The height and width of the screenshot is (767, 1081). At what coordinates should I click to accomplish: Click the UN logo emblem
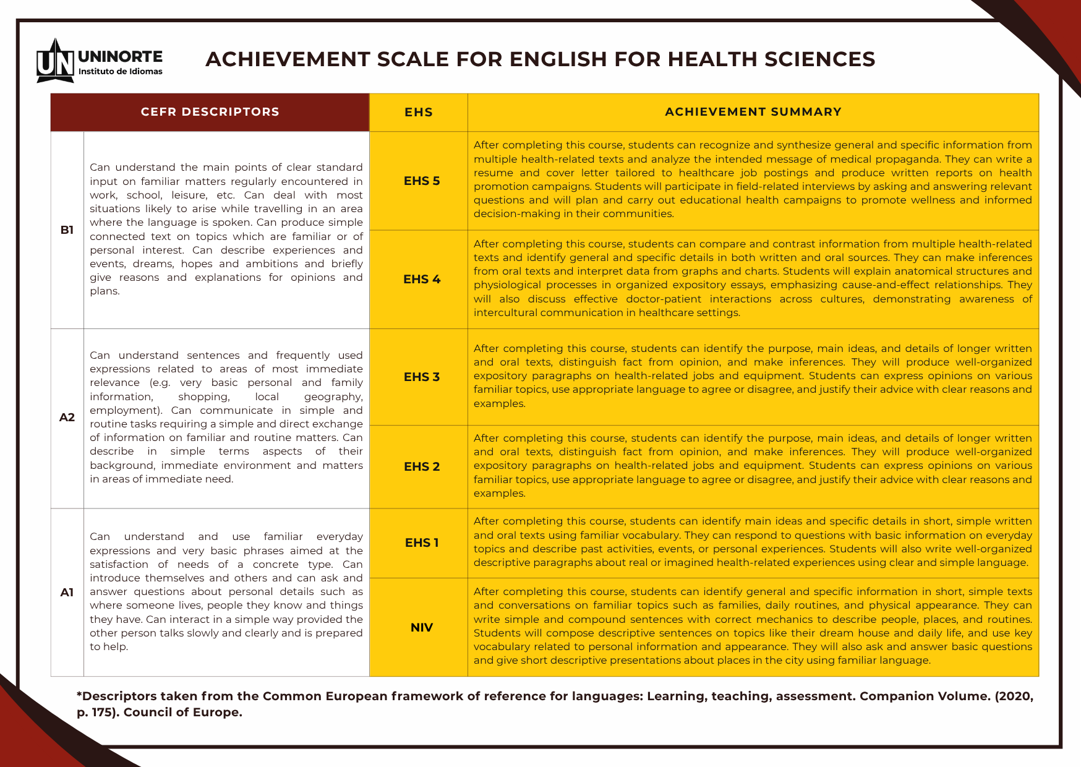click(55, 62)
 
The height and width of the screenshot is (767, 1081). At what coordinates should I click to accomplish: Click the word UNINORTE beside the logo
click(120, 57)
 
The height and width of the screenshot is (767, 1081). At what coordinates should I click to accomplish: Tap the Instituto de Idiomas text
click(120, 72)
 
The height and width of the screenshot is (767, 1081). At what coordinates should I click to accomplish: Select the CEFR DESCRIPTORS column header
click(210, 112)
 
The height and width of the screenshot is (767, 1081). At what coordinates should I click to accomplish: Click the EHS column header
click(419, 112)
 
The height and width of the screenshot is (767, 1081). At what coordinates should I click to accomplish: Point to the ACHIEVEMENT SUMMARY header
click(753, 112)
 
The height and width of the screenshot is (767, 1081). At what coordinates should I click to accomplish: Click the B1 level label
click(67, 230)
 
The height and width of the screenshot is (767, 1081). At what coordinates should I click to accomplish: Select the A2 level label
click(67, 418)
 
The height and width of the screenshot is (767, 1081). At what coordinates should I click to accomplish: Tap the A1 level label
click(67, 593)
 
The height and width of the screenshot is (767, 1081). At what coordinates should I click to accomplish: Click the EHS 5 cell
click(422, 181)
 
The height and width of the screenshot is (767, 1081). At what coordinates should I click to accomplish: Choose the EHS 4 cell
click(422, 279)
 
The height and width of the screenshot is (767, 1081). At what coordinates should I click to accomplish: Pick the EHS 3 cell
click(422, 377)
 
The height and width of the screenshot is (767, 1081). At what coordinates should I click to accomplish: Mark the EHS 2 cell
click(422, 466)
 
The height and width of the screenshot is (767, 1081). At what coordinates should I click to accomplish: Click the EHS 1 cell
click(422, 542)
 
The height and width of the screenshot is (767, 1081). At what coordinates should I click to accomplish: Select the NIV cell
click(422, 627)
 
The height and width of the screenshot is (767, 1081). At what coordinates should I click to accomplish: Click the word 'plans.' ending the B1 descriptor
click(105, 291)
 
